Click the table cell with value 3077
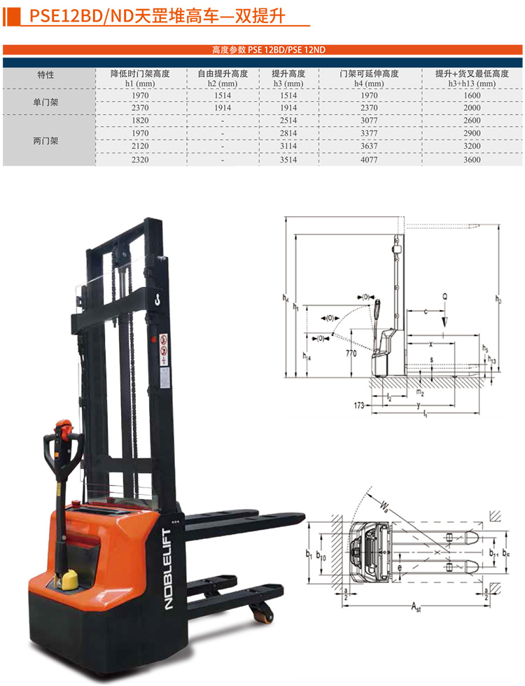pyautogui.click(x=369, y=120)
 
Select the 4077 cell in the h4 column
pyautogui.click(x=369, y=160)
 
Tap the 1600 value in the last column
pyautogui.click(x=472, y=95)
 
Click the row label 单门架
pyautogui.click(x=45, y=102)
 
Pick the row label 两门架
pyautogui.click(x=45, y=141)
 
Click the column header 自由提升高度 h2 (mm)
pyautogui.click(x=223, y=78)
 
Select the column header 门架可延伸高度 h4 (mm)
pyautogui.click(x=369, y=78)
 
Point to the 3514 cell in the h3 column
pyautogui.click(x=288, y=160)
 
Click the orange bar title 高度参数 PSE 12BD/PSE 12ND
pyautogui.click(x=269, y=50)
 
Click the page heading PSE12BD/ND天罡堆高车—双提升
pyautogui.click(x=157, y=16)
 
